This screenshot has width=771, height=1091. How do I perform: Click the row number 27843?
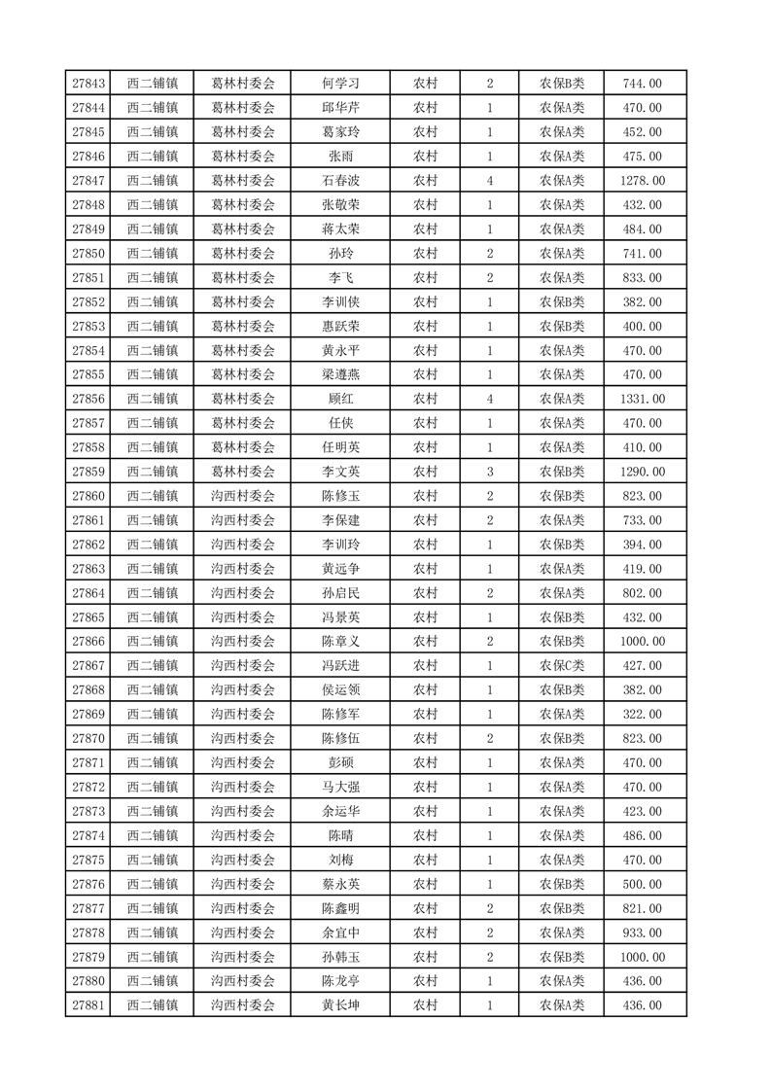[89, 84]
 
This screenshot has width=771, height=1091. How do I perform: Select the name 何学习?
[340, 84]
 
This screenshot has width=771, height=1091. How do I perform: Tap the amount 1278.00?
[643, 181]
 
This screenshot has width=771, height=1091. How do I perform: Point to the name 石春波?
[340, 181]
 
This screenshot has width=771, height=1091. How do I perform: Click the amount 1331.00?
[643, 399]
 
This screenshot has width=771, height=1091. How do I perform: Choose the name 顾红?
[340, 399]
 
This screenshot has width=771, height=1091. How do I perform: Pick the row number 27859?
[89, 472]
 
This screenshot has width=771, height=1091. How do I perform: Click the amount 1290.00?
[643, 472]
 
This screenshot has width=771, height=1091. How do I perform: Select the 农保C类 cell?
[561, 665]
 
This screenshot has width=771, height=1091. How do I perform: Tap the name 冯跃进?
[340, 665]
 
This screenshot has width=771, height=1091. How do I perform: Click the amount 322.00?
[643, 714]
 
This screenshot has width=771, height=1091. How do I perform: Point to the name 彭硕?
[340, 762]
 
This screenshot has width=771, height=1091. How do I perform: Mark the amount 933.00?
[643, 933]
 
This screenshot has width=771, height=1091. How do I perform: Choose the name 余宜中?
[340, 933]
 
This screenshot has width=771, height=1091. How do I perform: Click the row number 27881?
[89, 1005]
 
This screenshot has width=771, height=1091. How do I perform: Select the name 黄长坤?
[340, 1005]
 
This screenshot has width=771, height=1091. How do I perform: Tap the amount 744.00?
[643, 84]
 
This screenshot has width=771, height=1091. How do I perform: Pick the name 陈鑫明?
[340, 908]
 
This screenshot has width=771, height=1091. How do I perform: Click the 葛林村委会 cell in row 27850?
[243, 254]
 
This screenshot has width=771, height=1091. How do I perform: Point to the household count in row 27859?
[489, 472]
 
